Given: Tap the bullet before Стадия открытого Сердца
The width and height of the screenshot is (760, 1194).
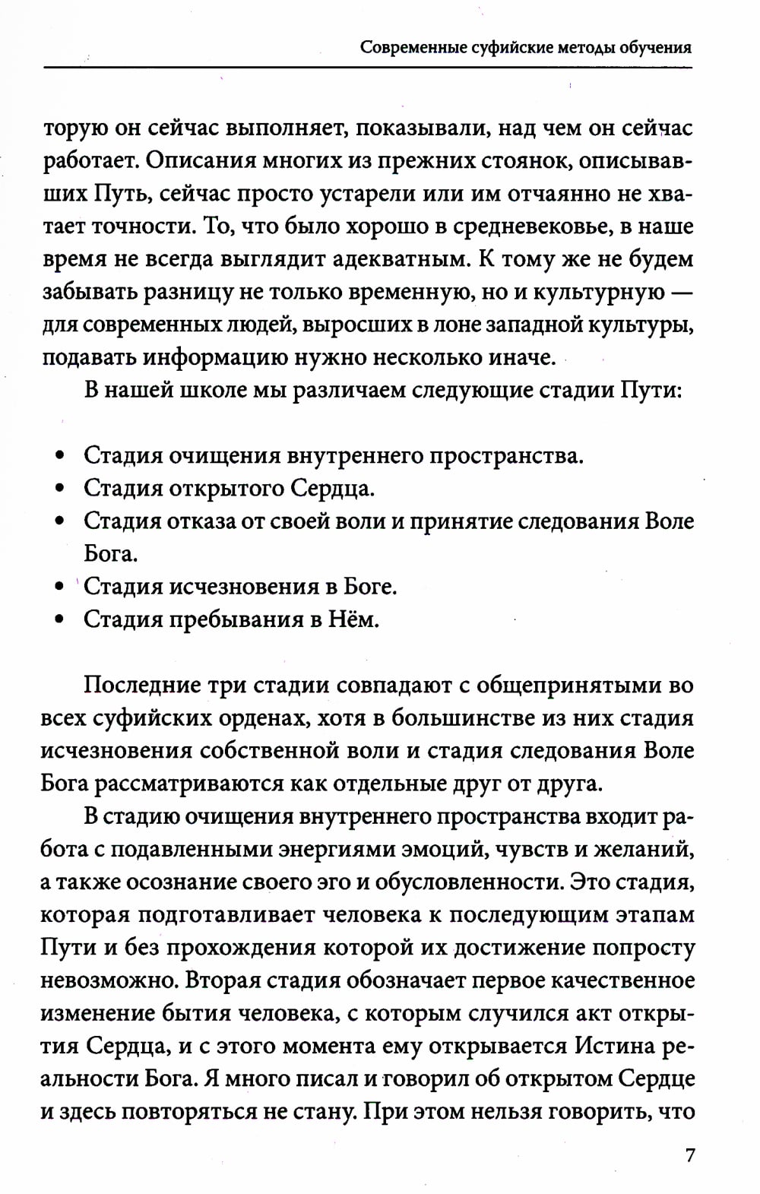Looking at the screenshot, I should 59,489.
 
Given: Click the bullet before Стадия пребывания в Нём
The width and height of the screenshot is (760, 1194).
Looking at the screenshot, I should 59,619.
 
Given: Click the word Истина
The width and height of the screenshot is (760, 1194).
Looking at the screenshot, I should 613,1045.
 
